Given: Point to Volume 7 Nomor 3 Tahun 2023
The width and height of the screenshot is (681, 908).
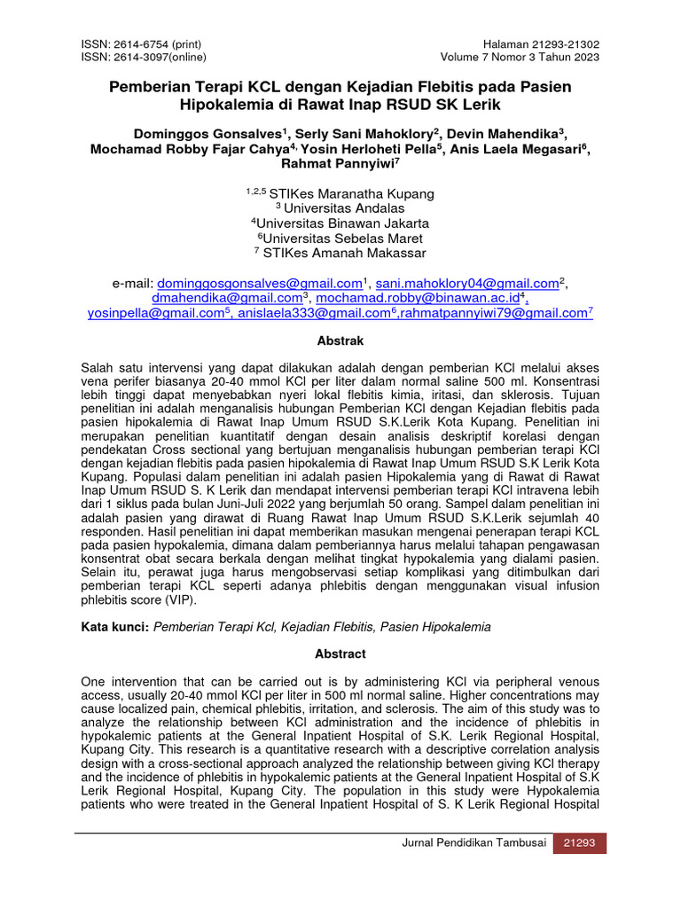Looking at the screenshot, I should pos(520,58).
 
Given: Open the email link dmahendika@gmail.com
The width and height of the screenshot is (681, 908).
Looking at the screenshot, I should pos(226,298).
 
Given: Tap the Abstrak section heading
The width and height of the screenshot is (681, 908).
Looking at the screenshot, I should pos(340,340).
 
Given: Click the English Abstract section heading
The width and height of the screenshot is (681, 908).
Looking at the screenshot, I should pos(340,654).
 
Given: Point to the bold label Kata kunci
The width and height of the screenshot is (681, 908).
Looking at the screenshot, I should pos(114,627).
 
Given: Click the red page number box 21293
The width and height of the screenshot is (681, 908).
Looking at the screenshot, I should pos(580,844).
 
